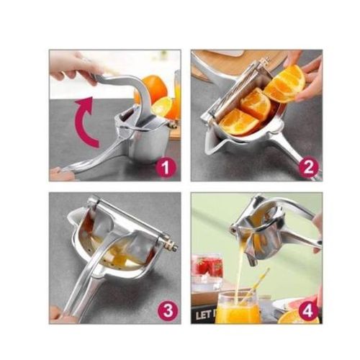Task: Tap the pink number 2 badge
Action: click(x=309, y=168)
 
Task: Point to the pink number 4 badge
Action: click(x=309, y=311)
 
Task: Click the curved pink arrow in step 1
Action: click(x=86, y=115)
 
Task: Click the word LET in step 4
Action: click(x=202, y=315)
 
